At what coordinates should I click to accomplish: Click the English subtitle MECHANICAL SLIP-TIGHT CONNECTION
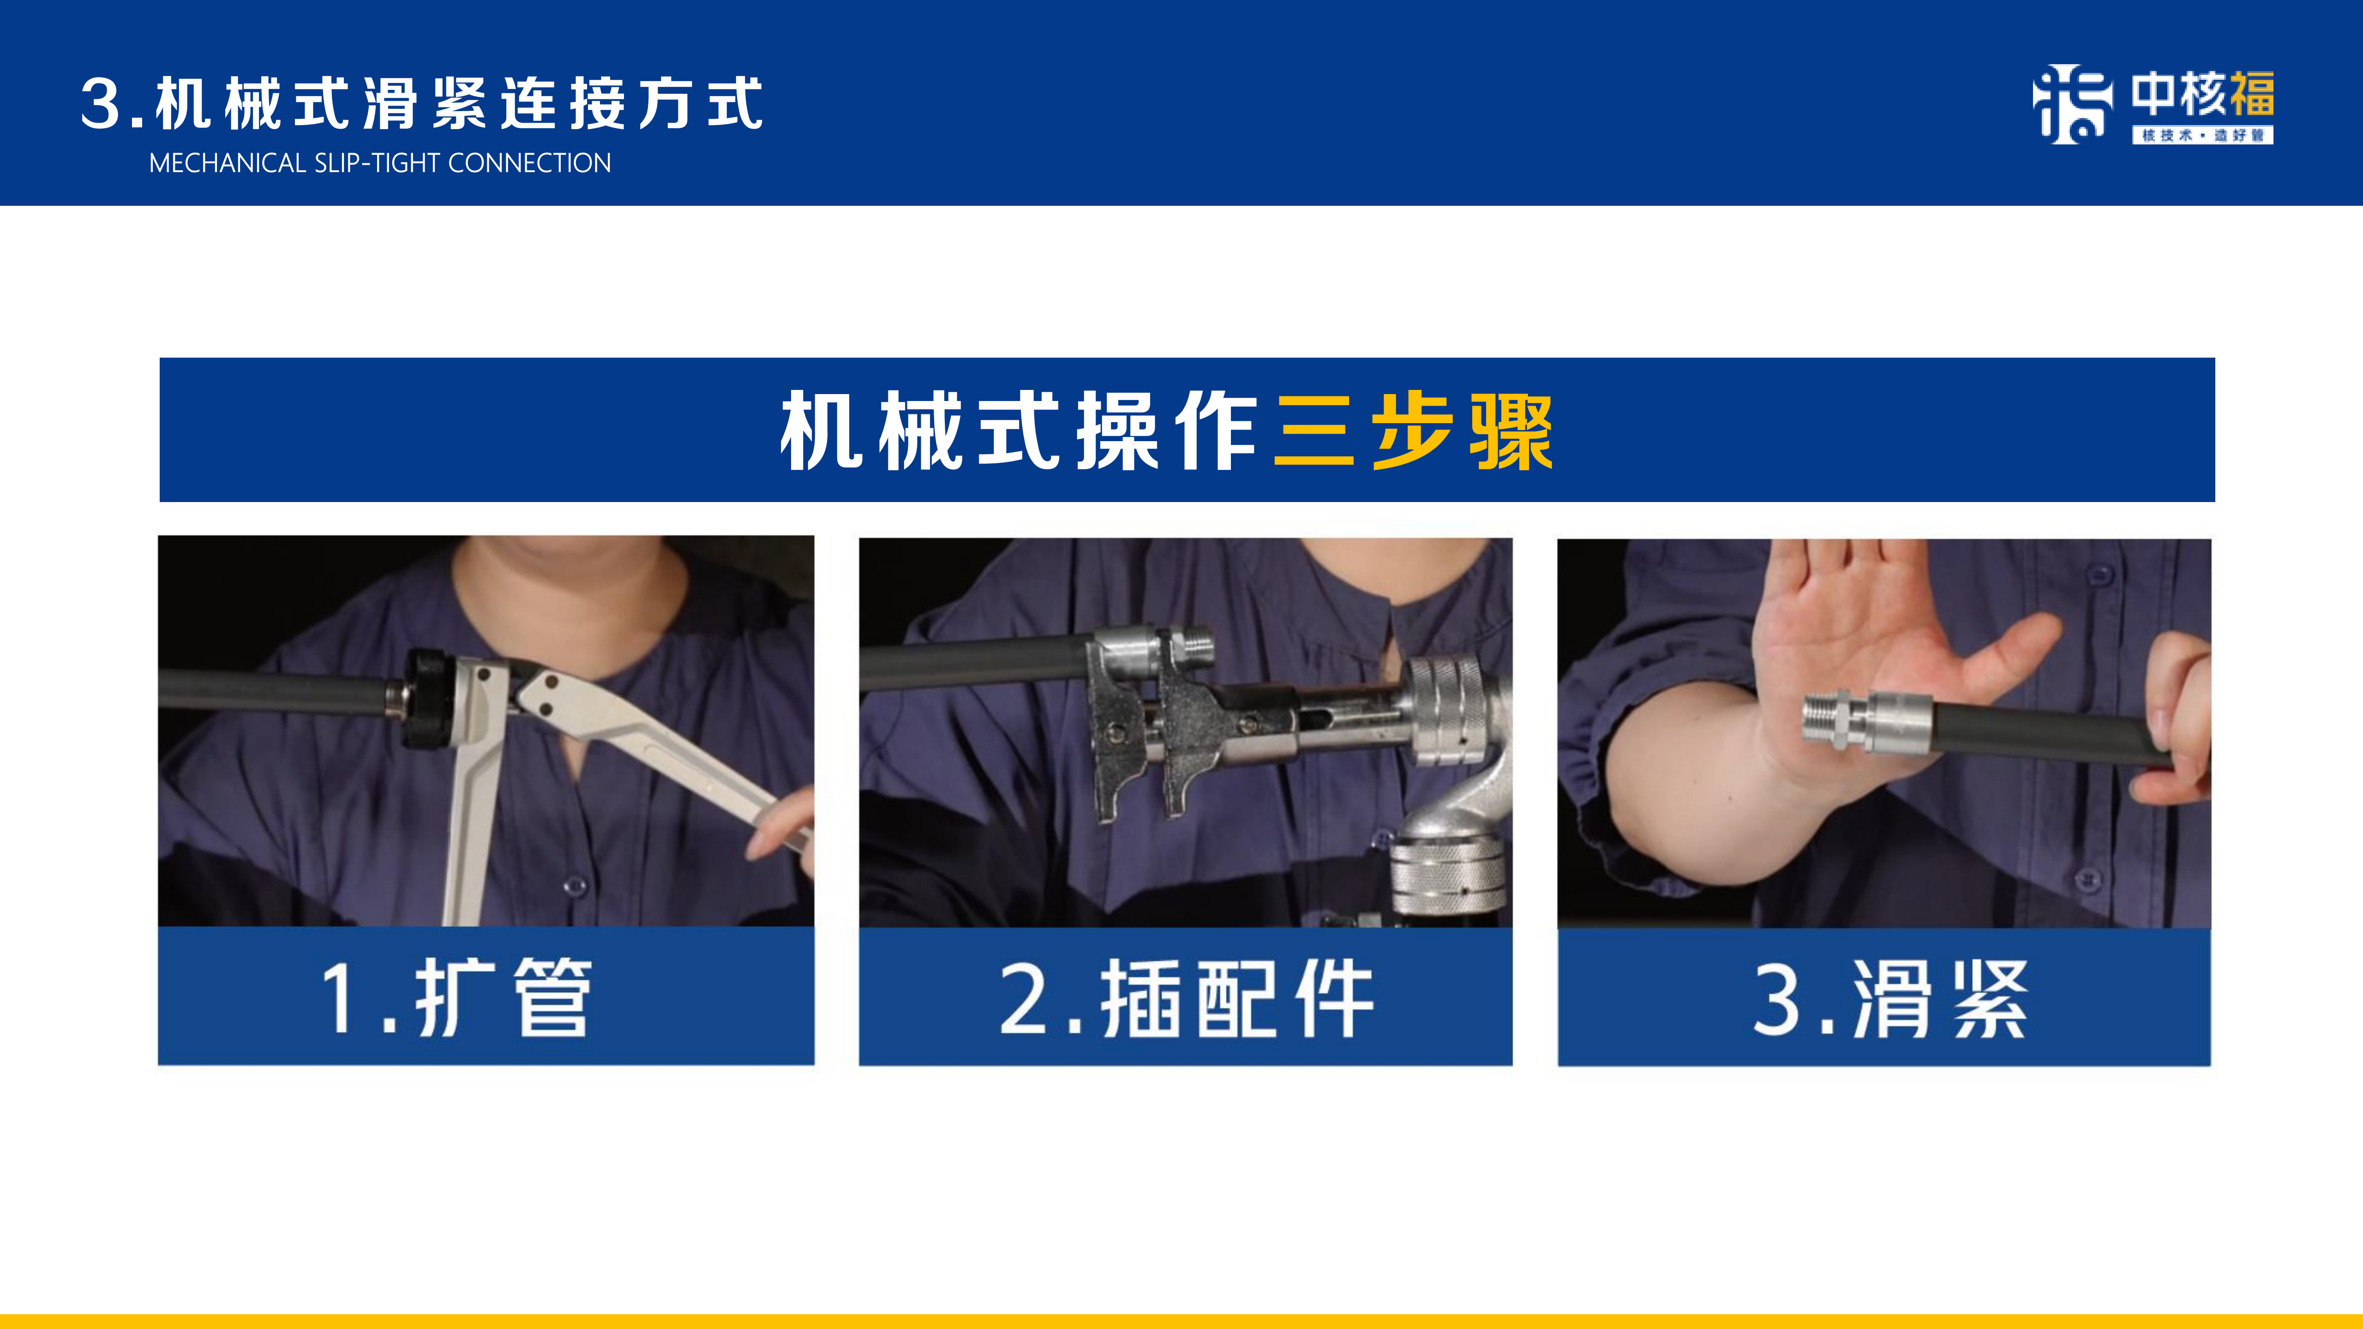(x=380, y=163)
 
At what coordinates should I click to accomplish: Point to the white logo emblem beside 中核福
(x=2072, y=104)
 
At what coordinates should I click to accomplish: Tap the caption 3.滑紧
(x=1889, y=999)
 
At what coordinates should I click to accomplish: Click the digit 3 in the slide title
(x=101, y=104)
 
